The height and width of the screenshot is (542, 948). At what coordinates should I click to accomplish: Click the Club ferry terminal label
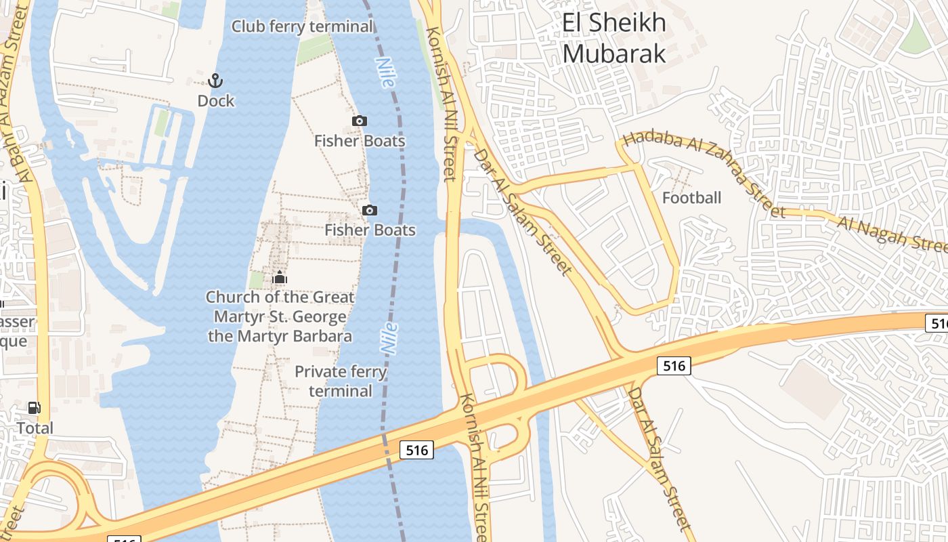pos(302,26)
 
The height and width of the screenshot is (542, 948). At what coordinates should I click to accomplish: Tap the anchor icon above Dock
pos(215,81)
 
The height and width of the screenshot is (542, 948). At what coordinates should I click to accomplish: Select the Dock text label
pos(216,101)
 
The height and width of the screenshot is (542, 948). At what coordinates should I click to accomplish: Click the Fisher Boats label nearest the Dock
pos(360,141)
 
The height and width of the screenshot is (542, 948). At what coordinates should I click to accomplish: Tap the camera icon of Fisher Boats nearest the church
pos(369,210)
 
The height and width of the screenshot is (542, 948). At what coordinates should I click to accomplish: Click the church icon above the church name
pos(280,277)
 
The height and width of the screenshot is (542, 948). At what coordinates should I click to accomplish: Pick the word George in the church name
pos(322,316)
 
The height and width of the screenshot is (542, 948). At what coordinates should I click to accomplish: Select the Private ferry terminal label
pos(341,381)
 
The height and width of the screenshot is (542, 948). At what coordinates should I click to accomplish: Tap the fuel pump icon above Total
pos(34,408)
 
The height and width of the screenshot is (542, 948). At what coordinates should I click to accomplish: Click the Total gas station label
pos(35,428)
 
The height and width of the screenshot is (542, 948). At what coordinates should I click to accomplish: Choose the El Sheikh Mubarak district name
pos(614,38)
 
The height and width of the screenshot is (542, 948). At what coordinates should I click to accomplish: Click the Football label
pos(691,198)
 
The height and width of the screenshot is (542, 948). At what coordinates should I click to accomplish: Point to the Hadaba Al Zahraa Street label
pos(704,174)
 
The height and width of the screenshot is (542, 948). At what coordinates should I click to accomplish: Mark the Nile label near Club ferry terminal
pos(385,72)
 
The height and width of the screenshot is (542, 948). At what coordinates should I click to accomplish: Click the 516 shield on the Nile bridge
pos(416,449)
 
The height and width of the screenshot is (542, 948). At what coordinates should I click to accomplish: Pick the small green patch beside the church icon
pos(257,280)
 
